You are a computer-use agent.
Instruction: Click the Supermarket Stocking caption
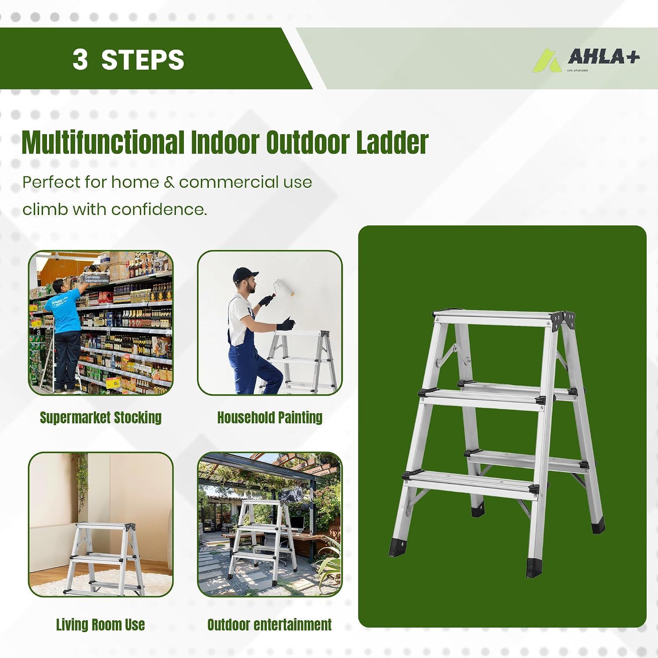(101, 417)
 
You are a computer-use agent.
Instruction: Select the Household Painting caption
(270, 417)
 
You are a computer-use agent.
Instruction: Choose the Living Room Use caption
(100, 624)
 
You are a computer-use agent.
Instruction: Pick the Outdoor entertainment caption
(269, 624)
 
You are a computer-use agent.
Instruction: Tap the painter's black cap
(242, 274)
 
